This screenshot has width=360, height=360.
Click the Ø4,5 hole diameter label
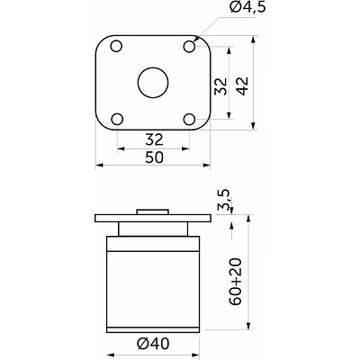pyautogui.click(x=248, y=7)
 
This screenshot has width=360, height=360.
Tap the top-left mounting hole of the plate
pyautogui.click(x=116, y=47)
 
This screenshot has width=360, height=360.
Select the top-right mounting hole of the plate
pyautogui.click(x=190, y=47)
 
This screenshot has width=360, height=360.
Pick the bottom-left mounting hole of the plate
pyautogui.click(x=117, y=119)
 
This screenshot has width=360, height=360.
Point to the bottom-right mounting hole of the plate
pyautogui.click(x=190, y=119)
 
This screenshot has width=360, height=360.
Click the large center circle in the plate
pyautogui.click(x=153, y=83)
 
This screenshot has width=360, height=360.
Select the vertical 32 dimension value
pyautogui.click(x=221, y=86)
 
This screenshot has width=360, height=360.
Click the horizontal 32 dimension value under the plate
pyautogui.click(x=154, y=139)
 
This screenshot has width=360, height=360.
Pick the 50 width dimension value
pyautogui.click(x=155, y=157)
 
